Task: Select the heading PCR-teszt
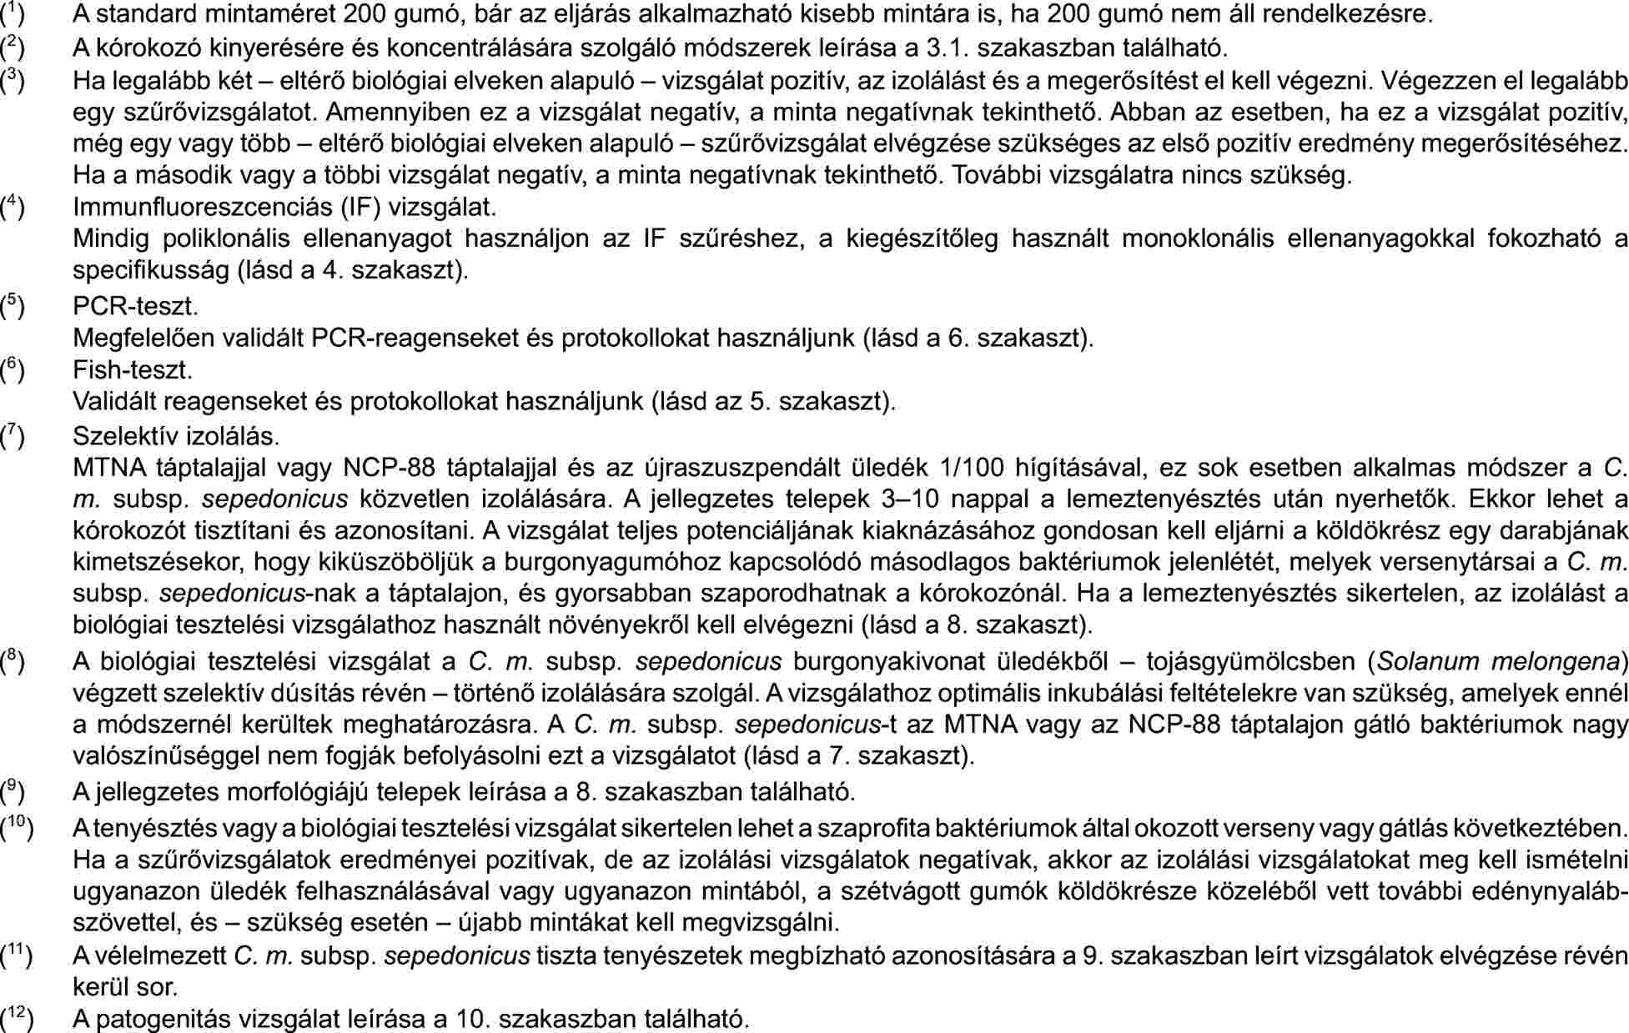[135, 306]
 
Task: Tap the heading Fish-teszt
[133, 369]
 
